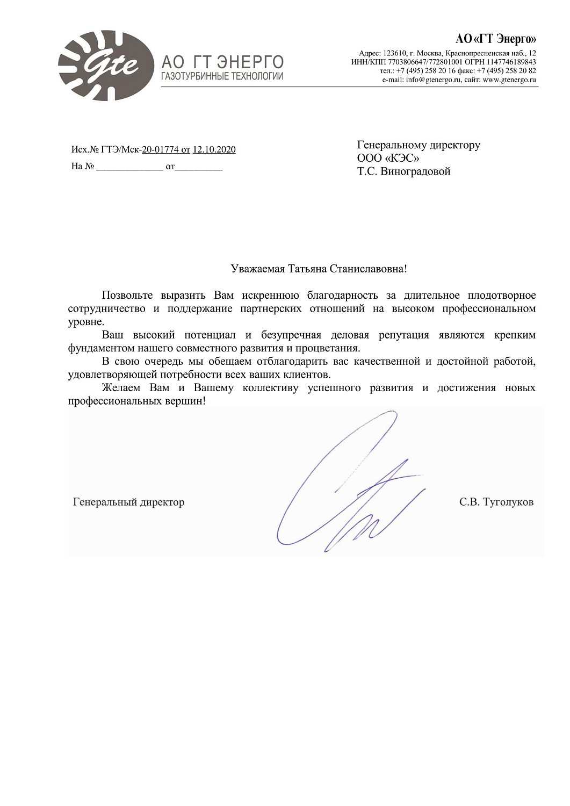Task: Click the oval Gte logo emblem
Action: click(x=106, y=65)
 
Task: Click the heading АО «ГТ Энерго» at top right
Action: click(x=495, y=39)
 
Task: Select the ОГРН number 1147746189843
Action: click(x=511, y=62)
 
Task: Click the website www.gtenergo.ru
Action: click(x=509, y=80)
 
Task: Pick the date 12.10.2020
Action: click(x=214, y=149)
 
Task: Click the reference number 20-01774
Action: click(x=160, y=149)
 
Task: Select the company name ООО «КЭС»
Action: click(x=388, y=158)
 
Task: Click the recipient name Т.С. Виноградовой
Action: click(x=403, y=171)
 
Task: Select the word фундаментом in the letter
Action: click(x=100, y=348)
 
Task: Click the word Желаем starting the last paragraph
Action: click(x=121, y=387)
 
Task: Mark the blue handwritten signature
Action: click(x=349, y=484)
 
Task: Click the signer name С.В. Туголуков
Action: click(x=496, y=502)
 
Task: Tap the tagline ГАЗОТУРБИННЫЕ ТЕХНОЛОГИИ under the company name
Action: click(x=222, y=76)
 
